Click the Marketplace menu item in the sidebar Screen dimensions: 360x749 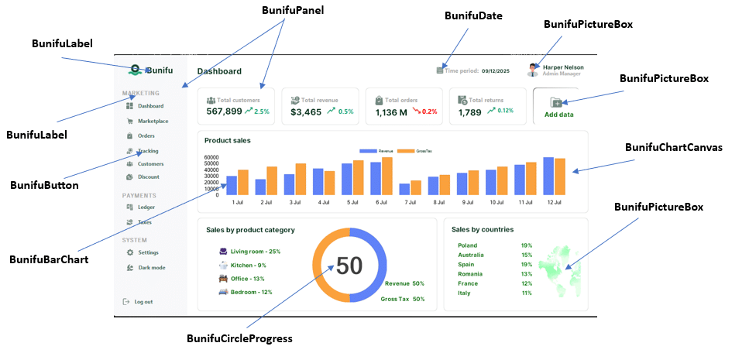[x=153, y=121]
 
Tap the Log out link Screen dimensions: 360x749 [x=143, y=301]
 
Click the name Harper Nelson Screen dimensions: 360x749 [x=563, y=67]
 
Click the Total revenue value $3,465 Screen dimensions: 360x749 [x=306, y=112]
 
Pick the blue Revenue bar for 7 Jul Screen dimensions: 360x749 [x=404, y=189]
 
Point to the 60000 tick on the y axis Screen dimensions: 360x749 [x=211, y=157]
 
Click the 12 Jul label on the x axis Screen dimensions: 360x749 [x=554, y=202]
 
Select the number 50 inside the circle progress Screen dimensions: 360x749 [x=349, y=266]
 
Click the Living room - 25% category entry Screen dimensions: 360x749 [x=255, y=252]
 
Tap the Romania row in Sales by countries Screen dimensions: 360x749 [x=470, y=273]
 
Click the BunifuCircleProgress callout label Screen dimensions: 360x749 [x=239, y=338]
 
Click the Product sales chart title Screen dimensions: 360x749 [x=227, y=140]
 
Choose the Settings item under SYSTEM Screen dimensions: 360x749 [x=148, y=252]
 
